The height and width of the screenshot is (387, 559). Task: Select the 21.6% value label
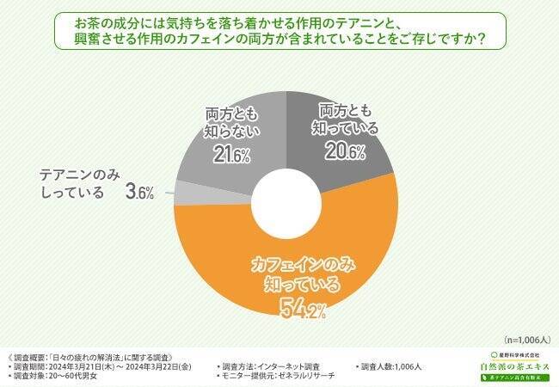coord(226,155)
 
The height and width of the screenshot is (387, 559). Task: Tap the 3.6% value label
coord(139,192)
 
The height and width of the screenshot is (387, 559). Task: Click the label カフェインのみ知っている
coord(297,273)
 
